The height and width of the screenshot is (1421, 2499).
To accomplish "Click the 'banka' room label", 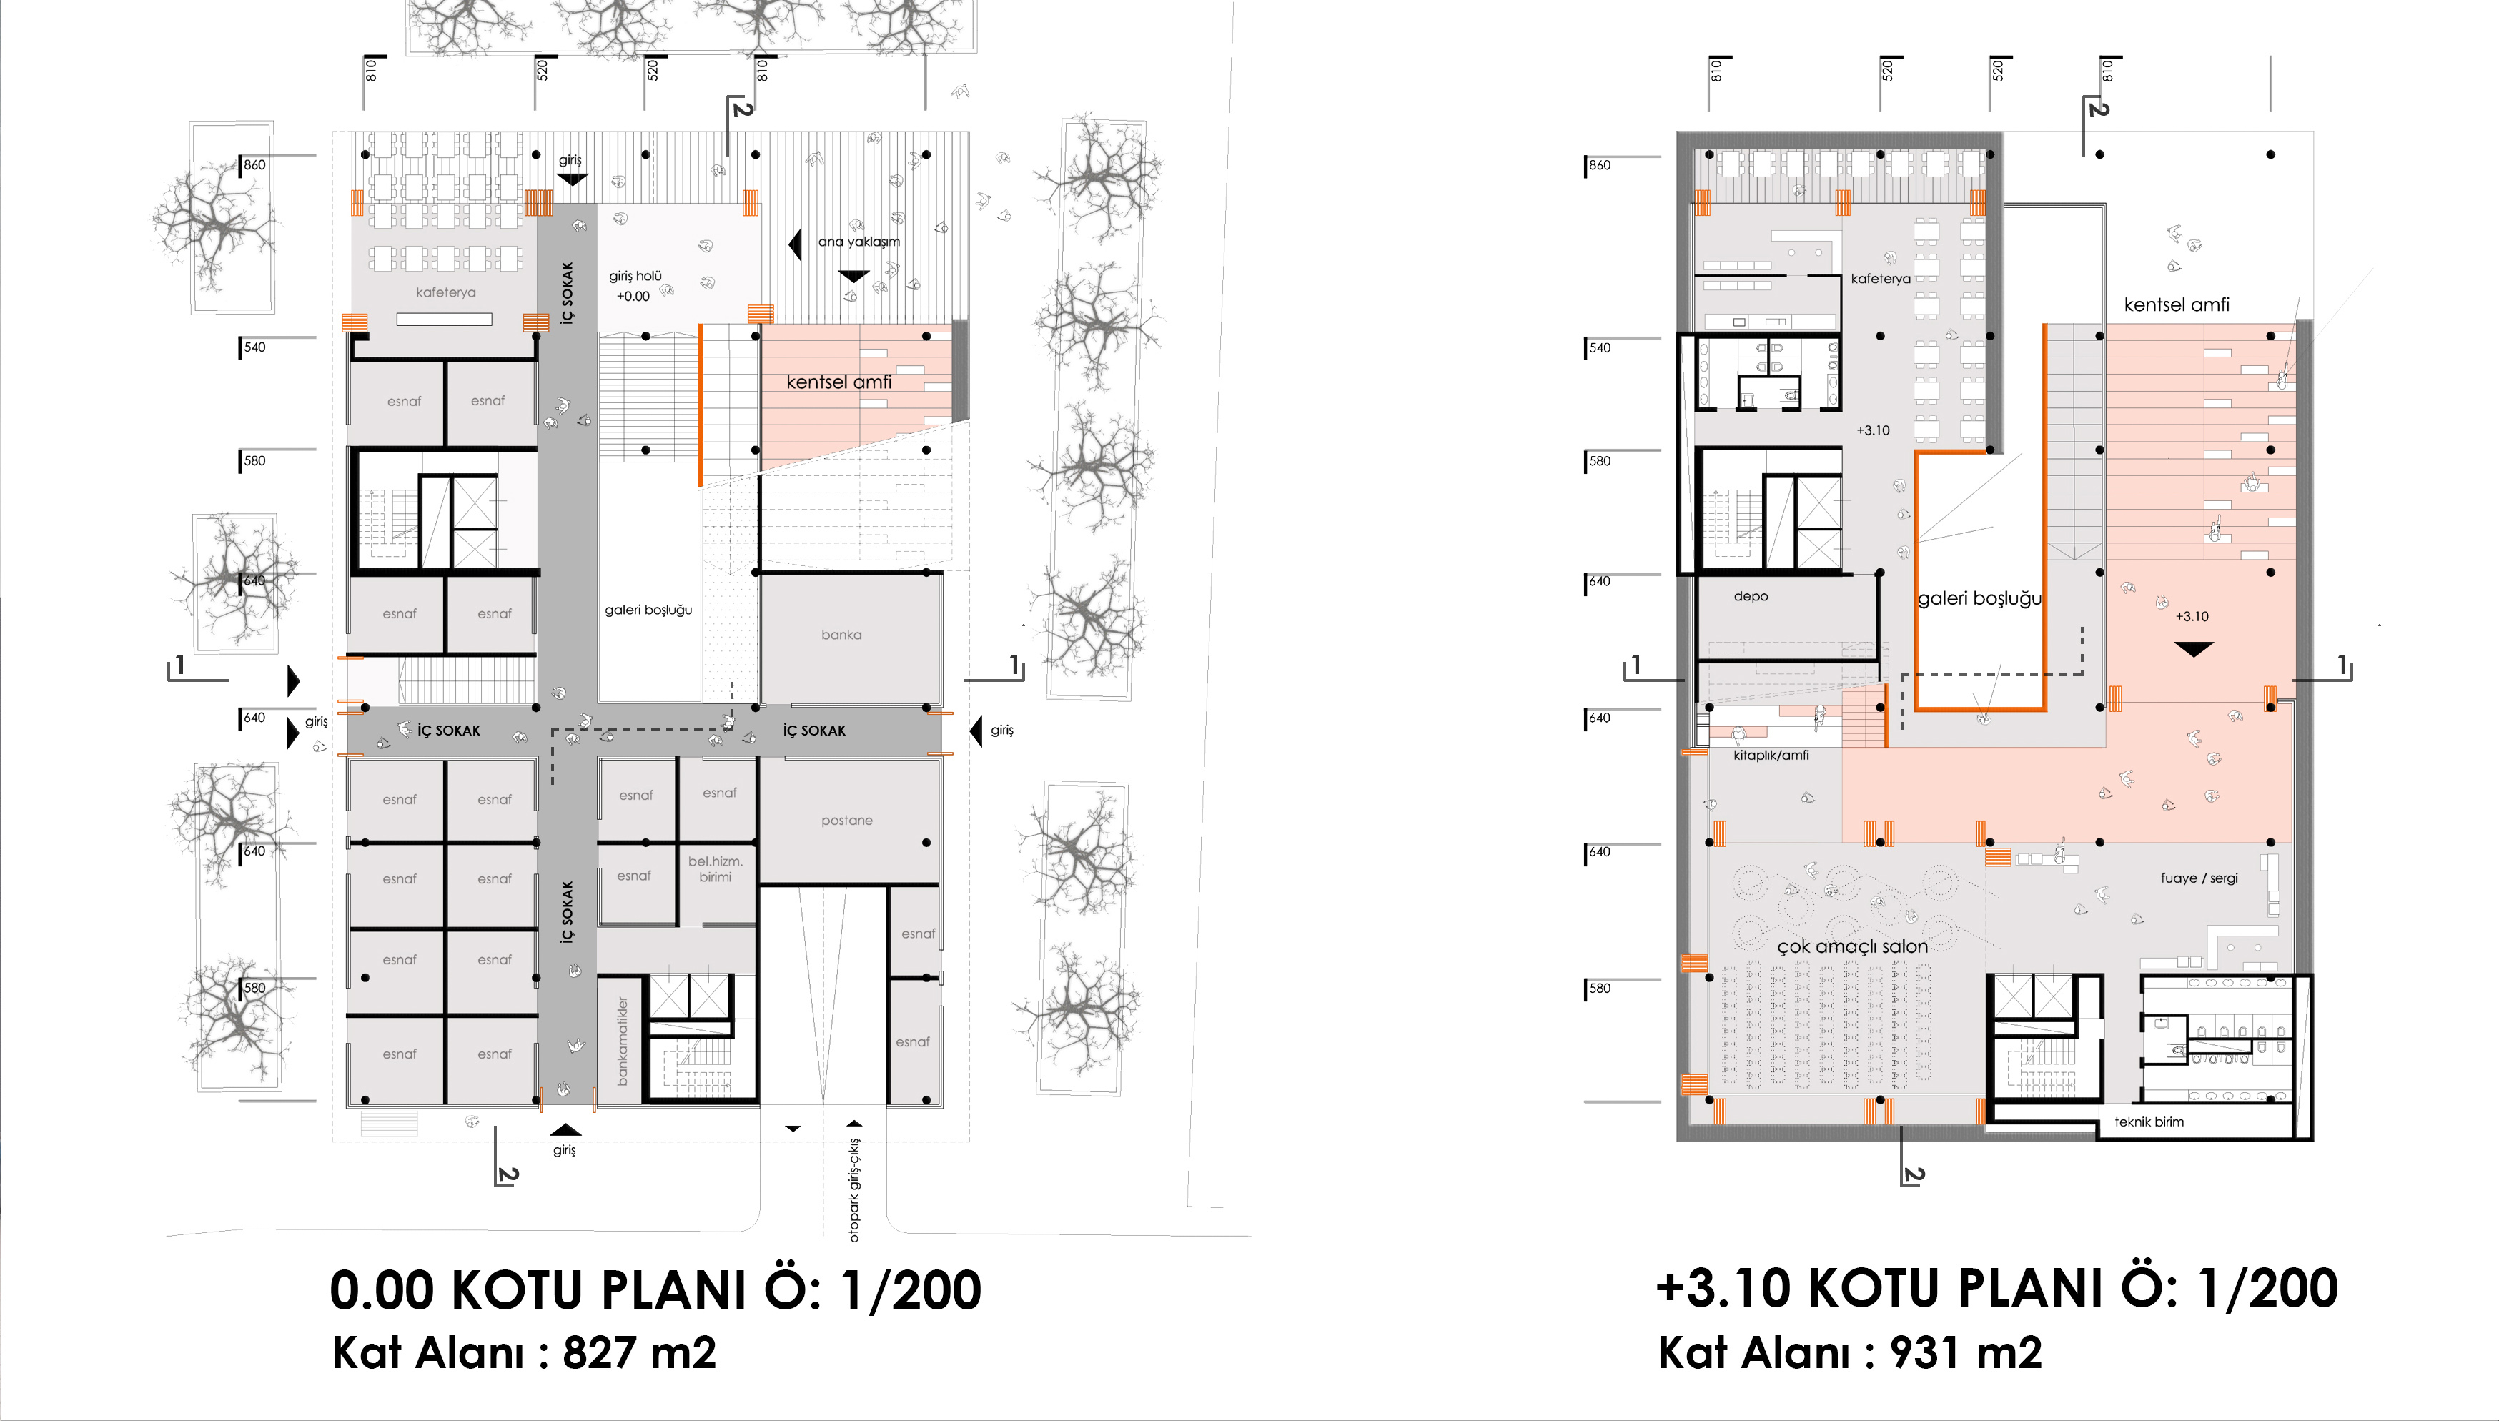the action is point(841,635).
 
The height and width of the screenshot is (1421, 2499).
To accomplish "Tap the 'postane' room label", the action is point(846,821).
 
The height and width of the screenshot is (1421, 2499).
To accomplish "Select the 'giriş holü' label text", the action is point(635,276).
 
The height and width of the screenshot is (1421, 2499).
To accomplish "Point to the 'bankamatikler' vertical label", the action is point(623,1041).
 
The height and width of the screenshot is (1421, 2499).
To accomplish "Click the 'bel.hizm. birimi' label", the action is point(716,868).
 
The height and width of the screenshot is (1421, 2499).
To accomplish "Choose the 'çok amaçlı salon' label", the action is point(1852,946).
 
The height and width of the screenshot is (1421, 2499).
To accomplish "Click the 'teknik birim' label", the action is point(2149,1122).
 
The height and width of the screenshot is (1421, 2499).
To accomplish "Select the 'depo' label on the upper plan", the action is point(1751,596).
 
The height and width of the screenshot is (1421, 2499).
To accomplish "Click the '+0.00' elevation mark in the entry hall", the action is point(633,297).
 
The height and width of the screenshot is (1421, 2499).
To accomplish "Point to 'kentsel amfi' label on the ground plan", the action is point(839,382).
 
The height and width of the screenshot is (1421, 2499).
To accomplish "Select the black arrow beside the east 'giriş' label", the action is point(976,730).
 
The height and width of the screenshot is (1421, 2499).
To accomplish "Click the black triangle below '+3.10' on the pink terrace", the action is point(2194,649).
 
